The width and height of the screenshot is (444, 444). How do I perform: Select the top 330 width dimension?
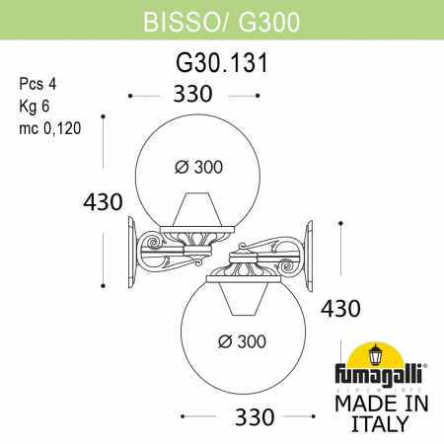click(192, 97)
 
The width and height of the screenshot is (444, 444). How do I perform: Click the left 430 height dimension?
click(102, 202)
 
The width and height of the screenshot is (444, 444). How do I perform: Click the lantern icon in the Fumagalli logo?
click(376, 355)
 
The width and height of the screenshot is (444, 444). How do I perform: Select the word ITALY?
click(381, 424)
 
